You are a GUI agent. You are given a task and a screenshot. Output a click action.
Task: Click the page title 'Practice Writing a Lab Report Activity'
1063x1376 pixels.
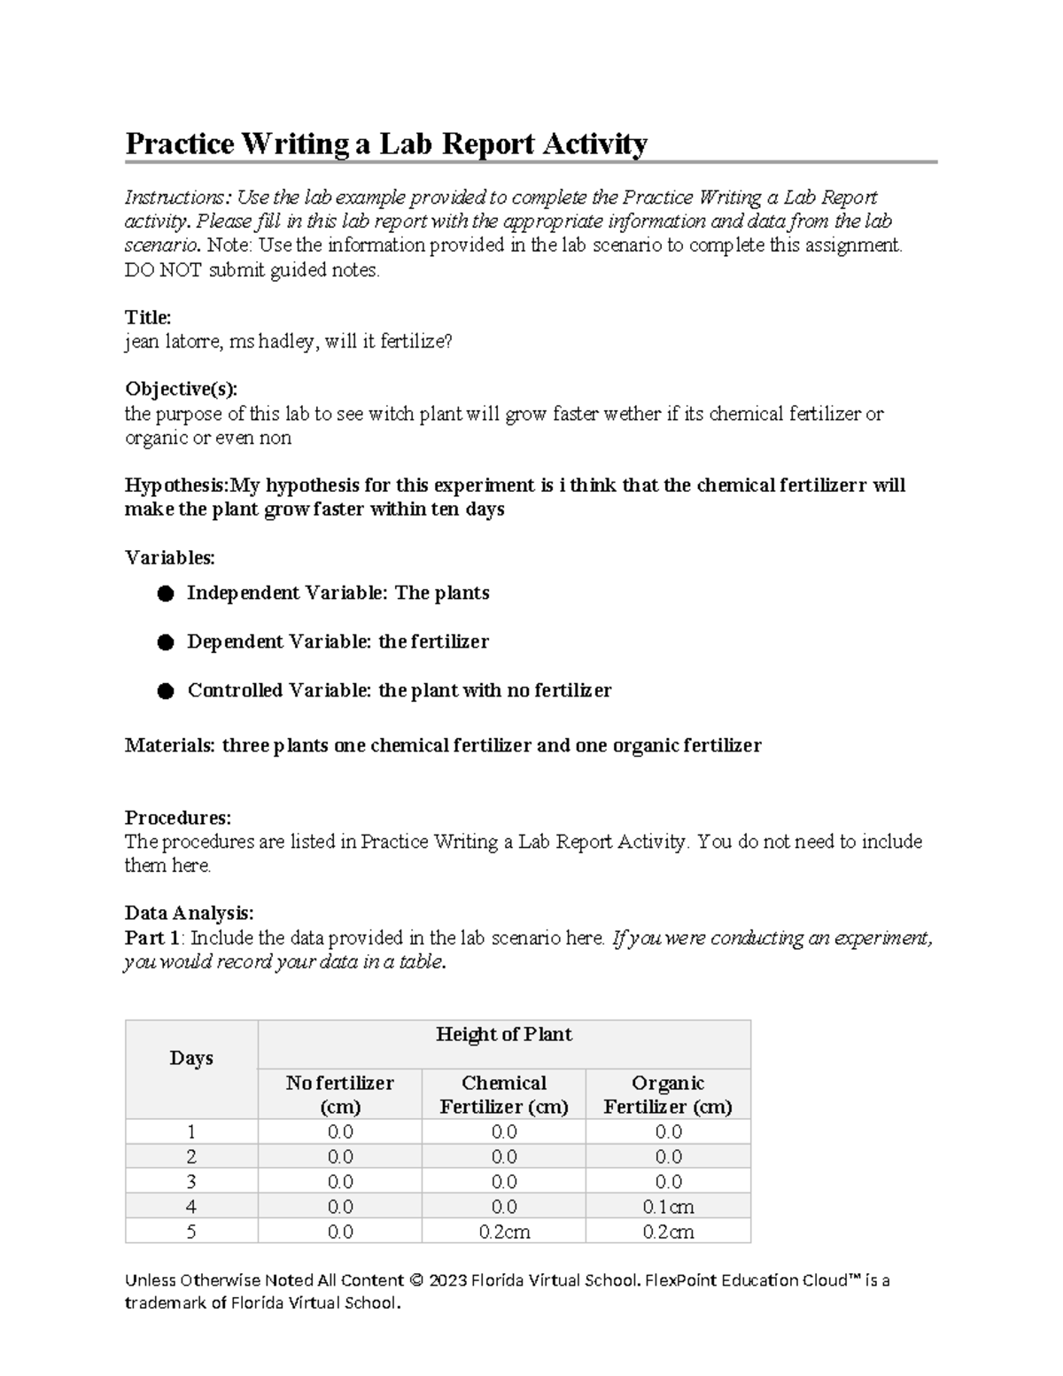(386, 144)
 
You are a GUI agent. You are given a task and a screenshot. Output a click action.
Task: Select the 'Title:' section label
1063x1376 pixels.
(148, 317)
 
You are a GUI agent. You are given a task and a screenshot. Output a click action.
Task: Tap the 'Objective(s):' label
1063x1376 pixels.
(181, 389)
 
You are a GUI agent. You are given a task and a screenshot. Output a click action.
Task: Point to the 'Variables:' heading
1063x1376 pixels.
(169, 557)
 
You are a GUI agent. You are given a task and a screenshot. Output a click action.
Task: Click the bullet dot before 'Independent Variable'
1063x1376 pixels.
(166, 594)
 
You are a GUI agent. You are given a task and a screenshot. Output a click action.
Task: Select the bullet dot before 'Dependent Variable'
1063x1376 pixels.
(166, 642)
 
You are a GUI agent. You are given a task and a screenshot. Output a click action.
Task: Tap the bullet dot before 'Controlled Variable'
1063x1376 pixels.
(166, 691)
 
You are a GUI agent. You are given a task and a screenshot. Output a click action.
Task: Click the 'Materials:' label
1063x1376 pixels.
(169, 745)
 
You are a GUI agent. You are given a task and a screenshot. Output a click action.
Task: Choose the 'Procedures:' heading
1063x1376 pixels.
(177, 817)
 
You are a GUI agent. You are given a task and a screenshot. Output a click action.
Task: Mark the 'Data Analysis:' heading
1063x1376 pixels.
(189, 913)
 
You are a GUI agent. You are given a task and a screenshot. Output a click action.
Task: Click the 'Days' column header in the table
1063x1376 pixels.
(191, 1058)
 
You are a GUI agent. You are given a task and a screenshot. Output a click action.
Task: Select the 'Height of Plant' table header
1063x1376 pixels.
(503, 1034)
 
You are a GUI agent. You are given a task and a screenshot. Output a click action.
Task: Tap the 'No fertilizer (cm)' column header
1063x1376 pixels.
(339, 1094)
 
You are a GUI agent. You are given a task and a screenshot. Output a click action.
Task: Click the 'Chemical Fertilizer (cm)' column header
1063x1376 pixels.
(503, 1094)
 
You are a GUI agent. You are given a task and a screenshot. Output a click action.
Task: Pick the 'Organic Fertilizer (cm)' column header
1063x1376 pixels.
(668, 1094)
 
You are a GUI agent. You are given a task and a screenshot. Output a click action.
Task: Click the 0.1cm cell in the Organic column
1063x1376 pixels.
(668, 1207)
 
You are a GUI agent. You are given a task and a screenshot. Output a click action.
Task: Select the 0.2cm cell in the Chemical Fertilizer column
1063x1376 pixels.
(503, 1232)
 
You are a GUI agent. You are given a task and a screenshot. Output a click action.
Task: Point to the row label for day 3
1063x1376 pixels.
(191, 1182)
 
